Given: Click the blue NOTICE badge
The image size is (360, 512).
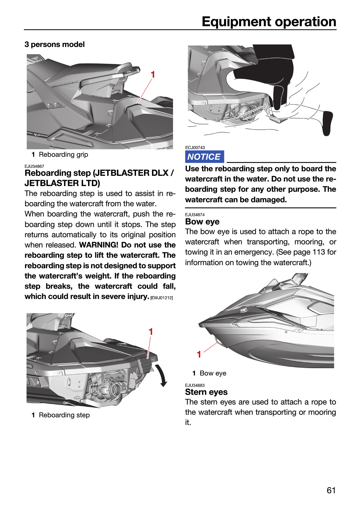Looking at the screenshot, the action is click(204, 157).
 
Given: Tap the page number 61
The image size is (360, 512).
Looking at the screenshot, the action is click(331, 490).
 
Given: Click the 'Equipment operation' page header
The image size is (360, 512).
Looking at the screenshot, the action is click(269, 22).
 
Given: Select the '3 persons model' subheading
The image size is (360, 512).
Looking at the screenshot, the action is click(55, 44).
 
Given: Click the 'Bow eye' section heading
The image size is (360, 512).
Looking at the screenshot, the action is click(202, 222).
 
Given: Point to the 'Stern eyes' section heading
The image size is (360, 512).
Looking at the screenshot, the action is click(206, 392).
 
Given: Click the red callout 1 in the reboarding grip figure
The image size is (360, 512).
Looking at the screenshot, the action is click(153, 75).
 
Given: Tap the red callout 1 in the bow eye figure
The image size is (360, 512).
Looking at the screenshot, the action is click(199, 354).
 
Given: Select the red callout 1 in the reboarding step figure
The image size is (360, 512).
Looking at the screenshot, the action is click(151, 332).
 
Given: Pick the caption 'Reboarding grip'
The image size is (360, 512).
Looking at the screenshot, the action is click(63, 154).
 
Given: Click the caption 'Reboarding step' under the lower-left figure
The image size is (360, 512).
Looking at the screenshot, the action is click(64, 415).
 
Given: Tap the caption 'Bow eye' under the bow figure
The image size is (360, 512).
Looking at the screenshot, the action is click(213, 373).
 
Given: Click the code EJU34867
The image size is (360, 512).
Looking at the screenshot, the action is click(34, 166).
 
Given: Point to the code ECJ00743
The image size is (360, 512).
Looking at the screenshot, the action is click(195, 148).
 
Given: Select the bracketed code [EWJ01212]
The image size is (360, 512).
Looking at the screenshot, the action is click(162, 298).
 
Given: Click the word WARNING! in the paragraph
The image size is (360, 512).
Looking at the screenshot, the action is click(98, 245).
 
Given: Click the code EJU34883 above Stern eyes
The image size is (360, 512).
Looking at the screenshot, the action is click(195, 385).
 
